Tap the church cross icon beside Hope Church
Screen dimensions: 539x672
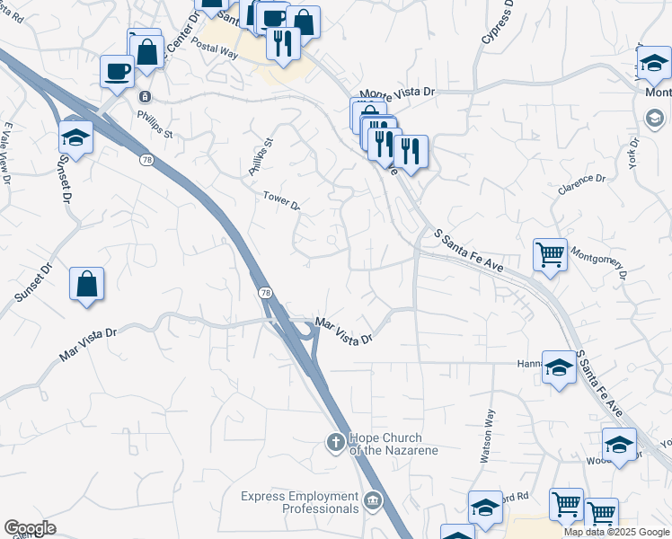(335, 441)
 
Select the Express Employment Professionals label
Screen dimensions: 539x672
(301, 503)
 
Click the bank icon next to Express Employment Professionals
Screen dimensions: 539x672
(373, 499)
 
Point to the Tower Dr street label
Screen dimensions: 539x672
(281, 201)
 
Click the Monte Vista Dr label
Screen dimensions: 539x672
(396, 93)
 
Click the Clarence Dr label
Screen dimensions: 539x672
(581, 184)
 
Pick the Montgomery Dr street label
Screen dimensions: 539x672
(598, 261)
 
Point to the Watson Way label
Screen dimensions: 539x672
(488, 437)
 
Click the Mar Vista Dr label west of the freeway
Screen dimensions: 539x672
(88, 344)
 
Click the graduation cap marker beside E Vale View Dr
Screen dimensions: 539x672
(76, 137)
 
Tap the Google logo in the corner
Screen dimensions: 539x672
(30, 528)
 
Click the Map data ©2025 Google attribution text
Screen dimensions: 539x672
(616, 532)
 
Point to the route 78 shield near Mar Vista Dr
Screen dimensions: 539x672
(265, 294)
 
